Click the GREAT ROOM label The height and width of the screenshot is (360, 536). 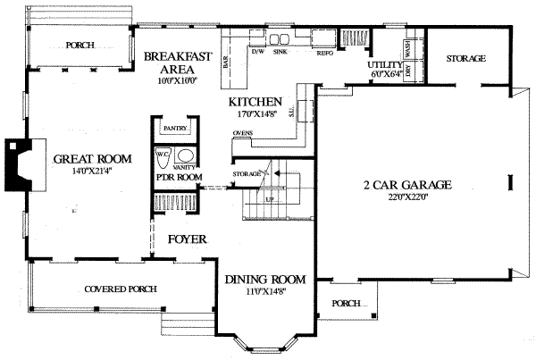coord(91,159)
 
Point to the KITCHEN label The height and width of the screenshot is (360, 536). coord(255,102)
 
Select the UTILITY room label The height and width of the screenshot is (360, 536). coord(384,66)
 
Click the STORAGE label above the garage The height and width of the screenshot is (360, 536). coord(465,58)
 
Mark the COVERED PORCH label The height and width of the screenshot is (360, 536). coord(121,289)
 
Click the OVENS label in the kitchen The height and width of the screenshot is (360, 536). coord(242,133)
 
